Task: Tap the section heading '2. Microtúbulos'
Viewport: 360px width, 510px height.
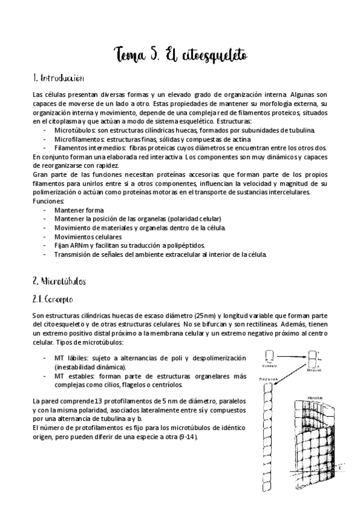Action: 59,281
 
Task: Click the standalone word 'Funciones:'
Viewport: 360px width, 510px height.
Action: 47,201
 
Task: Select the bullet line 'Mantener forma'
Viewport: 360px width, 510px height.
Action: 78,210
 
